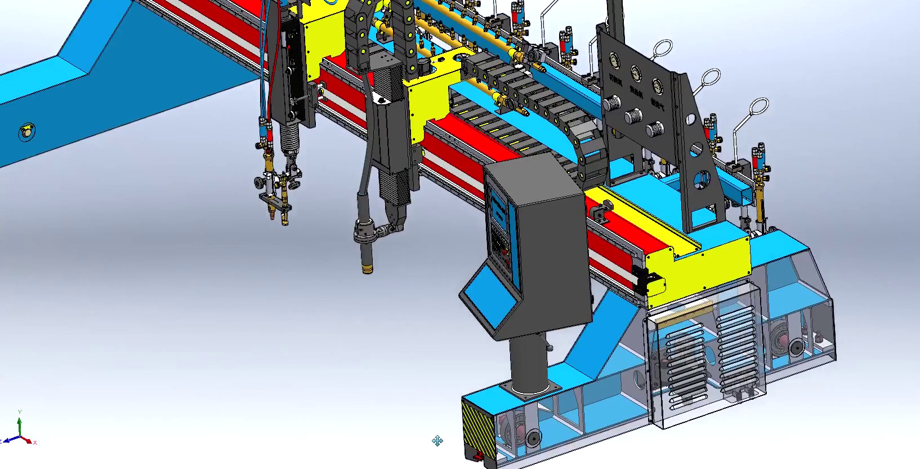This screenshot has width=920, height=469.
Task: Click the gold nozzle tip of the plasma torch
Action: tap(367, 265)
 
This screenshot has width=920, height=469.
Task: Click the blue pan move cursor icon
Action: tap(437, 441)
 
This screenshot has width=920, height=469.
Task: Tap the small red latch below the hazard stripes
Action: tap(478, 455)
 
